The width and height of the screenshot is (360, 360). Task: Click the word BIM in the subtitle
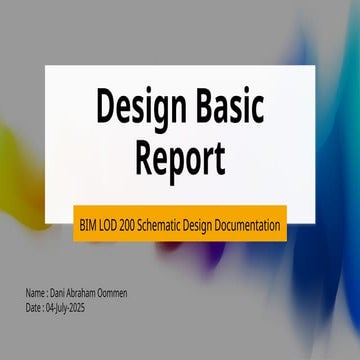pos(89,226)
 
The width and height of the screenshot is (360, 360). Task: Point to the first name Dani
pos(60,293)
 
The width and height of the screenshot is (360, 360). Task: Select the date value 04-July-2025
pos(72,309)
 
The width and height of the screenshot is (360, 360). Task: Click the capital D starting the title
pos(105,105)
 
